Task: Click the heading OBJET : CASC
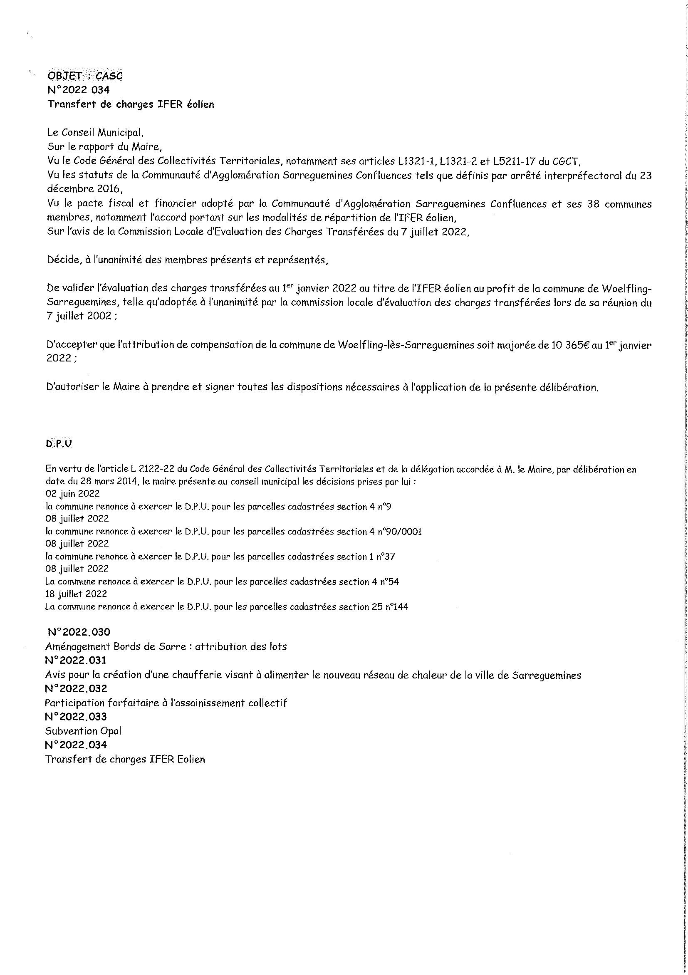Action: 85,76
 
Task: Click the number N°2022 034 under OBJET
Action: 79,90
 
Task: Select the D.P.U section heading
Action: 59,443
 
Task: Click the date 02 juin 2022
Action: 72,494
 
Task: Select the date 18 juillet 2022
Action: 76,594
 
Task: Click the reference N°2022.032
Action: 76,688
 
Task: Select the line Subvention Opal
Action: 83,731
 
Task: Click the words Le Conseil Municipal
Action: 93,133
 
